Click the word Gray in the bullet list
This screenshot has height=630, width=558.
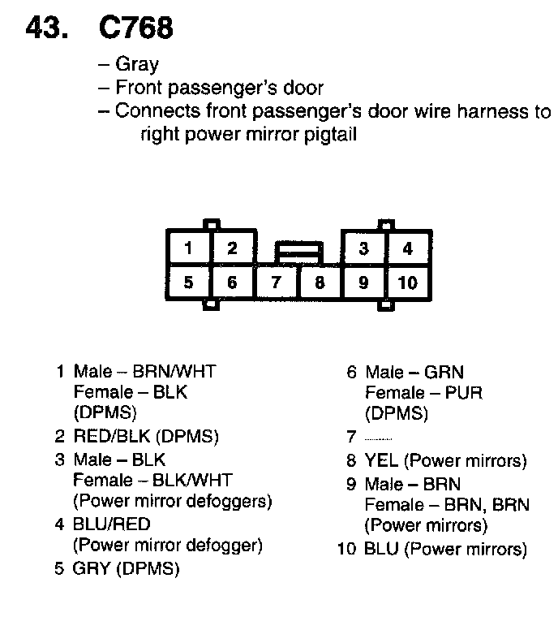click(137, 64)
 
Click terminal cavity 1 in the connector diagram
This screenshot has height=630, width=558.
click(188, 248)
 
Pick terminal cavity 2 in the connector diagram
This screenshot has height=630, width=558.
click(232, 248)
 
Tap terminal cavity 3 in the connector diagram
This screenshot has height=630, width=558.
click(364, 248)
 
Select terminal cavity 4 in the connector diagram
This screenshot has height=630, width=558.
click(408, 248)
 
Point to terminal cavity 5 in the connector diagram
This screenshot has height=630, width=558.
click(188, 283)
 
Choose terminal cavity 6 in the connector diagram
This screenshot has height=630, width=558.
click(232, 283)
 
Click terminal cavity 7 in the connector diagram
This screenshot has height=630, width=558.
click(277, 283)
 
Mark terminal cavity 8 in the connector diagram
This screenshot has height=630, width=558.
click(320, 283)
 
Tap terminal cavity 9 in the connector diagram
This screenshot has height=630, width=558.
click(364, 283)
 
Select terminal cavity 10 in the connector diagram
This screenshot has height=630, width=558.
click(408, 283)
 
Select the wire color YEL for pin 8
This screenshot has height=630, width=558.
click(381, 461)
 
